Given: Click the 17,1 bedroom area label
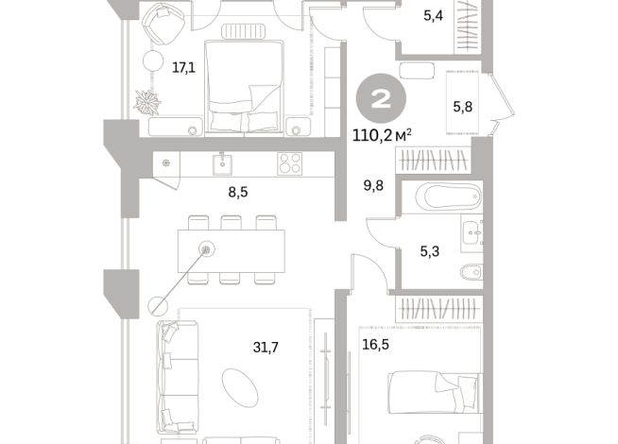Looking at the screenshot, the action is pos(183,68).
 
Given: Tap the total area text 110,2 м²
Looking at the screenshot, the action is pos(382,135).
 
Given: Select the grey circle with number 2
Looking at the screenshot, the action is pos(381,98).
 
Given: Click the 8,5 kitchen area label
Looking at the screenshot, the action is pos(238,193).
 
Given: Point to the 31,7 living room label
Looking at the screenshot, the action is pos(266,347).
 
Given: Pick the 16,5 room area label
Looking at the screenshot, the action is pos(375,344).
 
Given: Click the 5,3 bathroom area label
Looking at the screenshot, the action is pos(430,251).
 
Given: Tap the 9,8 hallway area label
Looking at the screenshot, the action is pos(373,185).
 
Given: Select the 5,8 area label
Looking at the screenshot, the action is pos(463,107).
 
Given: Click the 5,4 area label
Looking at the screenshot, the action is pos(433,16).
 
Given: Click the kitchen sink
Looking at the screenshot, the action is pos(222,164).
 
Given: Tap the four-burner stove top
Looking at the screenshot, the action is pos(290,163).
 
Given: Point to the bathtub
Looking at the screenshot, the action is pos(449,196).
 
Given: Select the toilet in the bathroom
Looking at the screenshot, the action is pos(472,271).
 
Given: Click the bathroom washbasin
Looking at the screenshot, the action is pos(472,232).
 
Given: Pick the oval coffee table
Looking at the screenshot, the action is pos(240,388).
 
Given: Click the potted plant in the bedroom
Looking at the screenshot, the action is pos(147,102).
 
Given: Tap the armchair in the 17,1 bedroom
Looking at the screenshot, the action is pos(163,24).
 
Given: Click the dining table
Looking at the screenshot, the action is pos(232,251).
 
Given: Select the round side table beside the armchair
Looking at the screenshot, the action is pos(153,61).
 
